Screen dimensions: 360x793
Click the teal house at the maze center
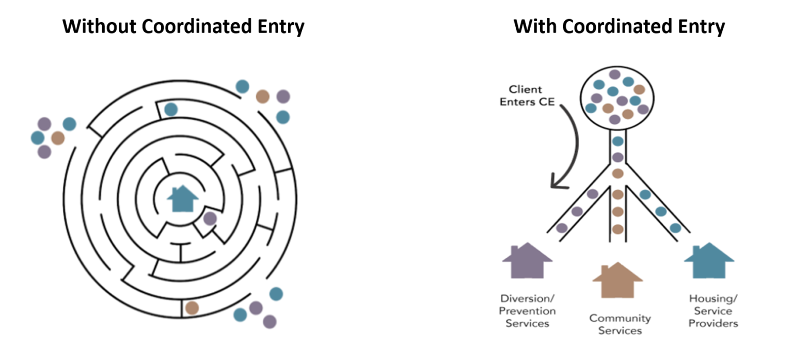tap(183, 198)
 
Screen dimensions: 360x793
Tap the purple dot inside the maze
tap(210, 218)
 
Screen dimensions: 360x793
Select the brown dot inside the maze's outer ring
tap(192, 308)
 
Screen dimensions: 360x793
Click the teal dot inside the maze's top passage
tap(171, 109)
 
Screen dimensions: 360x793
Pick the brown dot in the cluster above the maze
tap(263, 97)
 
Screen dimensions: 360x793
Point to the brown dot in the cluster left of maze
tap(58, 138)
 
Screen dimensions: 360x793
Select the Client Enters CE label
tap(527, 96)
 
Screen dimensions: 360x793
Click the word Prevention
tap(527, 311)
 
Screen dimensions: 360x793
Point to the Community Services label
tap(620, 324)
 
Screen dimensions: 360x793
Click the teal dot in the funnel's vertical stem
tap(617, 141)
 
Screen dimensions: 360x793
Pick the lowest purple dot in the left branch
tap(562, 228)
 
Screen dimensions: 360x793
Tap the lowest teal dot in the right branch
tap(675, 228)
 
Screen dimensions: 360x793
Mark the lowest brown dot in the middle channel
tap(617, 229)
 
